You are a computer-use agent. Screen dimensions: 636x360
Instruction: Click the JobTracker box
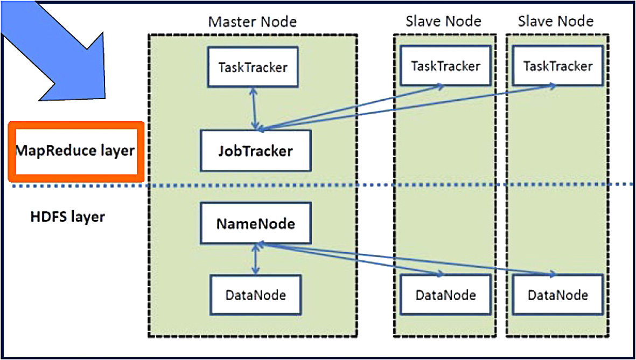click(256, 150)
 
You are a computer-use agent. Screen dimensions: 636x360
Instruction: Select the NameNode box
click(256, 223)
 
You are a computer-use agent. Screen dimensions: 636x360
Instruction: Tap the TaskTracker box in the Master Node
click(253, 67)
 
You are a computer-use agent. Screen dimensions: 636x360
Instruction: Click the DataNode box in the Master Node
click(256, 295)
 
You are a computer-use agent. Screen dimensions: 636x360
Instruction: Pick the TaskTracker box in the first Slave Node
click(445, 65)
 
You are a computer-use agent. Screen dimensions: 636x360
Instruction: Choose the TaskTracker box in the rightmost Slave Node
click(558, 65)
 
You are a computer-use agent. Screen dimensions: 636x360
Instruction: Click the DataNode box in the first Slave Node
click(445, 295)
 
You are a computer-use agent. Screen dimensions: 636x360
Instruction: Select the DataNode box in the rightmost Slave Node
click(558, 295)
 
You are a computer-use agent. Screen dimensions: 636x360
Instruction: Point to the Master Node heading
click(252, 22)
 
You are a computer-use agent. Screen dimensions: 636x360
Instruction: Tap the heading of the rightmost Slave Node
click(556, 20)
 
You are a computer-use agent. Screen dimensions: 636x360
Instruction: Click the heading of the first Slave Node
click(443, 20)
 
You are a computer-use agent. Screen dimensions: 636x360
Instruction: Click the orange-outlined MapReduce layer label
click(76, 151)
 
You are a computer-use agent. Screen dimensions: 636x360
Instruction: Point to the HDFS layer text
click(68, 217)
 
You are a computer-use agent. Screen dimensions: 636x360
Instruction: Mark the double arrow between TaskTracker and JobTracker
click(254, 108)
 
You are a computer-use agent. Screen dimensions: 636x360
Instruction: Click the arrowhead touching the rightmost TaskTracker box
click(551, 86)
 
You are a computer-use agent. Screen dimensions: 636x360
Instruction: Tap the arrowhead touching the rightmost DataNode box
click(551, 274)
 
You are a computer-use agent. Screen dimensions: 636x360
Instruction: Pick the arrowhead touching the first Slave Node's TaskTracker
click(439, 86)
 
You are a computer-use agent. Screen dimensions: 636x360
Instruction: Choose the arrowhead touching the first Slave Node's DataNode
click(439, 274)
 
